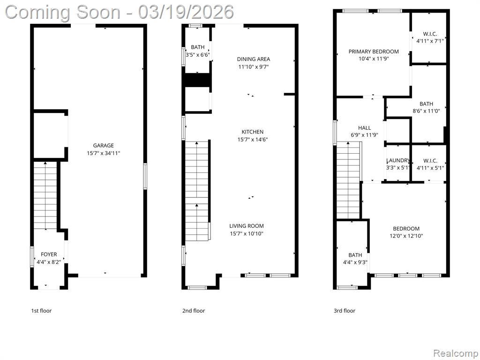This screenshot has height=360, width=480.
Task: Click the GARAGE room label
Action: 104,146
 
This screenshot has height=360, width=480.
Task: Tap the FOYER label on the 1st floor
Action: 49,255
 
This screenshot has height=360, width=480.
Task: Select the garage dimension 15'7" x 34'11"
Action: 104,153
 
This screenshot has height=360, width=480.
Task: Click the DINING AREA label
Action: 254,59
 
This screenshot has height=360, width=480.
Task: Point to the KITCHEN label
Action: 253,132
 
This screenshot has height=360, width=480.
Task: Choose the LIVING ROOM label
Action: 247,226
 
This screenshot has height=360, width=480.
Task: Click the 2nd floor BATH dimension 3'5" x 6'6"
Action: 198,55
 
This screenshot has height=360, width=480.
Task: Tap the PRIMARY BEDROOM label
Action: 374,52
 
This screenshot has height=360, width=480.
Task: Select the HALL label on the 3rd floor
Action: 364,128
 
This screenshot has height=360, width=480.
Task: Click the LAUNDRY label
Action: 397,160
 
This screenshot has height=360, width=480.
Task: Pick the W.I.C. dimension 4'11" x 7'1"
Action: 430,41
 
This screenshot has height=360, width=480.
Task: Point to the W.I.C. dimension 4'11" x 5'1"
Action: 430,168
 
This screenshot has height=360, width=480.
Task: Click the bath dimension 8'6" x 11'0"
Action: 426,111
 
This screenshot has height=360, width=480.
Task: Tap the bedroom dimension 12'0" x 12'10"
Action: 406,236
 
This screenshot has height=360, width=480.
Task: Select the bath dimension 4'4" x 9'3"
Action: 355,262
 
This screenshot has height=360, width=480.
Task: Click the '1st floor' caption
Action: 41,311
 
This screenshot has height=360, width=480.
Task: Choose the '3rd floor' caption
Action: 345,311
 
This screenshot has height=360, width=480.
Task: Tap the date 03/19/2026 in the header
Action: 186,12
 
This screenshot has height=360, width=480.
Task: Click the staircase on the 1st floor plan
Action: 45,195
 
